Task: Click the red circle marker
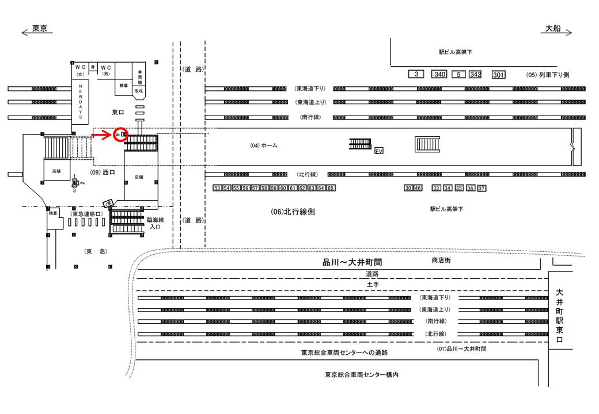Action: pyautogui.click(x=120, y=135)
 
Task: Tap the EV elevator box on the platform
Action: pyautogui.click(x=378, y=151)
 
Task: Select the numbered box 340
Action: pyautogui.click(x=439, y=75)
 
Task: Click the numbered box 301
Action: pyautogui.click(x=498, y=75)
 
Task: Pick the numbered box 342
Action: pyautogui.click(x=475, y=75)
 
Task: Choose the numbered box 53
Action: pyautogui.click(x=217, y=188)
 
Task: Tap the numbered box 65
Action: pyautogui.click(x=331, y=188)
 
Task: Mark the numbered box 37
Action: pyautogui.click(x=482, y=188)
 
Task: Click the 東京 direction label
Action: pyautogui.click(x=39, y=29)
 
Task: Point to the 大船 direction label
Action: pyautogui.click(x=553, y=29)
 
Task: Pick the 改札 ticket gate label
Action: pyautogui.click(x=138, y=90)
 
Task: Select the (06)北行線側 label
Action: pyautogui.click(x=293, y=212)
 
